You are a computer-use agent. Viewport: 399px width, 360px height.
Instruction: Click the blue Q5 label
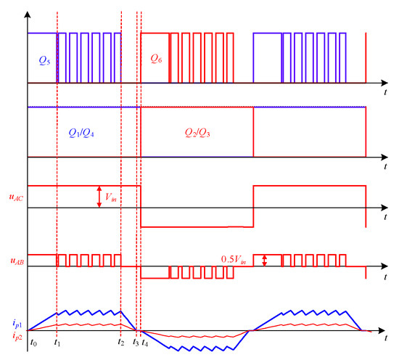click(44, 60)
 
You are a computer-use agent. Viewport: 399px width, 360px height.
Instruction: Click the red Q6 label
click(156, 59)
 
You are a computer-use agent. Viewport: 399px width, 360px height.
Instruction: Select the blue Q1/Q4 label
click(81, 133)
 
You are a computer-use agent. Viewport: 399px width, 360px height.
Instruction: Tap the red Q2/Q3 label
click(197, 133)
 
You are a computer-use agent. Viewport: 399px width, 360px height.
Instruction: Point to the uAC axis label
click(16, 197)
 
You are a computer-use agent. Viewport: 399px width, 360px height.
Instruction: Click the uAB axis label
click(17, 261)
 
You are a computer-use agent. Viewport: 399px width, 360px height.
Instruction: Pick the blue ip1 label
click(17, 324)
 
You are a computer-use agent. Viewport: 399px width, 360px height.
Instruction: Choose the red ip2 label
click(17, 336)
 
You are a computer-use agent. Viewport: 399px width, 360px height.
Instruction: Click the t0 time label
click(33, 343)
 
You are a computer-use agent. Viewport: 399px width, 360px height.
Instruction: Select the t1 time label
click(57, 343)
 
